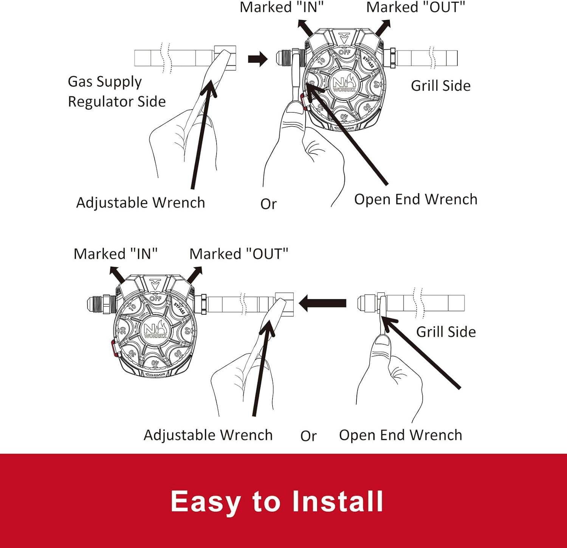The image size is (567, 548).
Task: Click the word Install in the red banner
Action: (338, 502)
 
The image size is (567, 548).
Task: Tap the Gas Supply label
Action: (105, 82)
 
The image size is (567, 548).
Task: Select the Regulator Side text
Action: (116, 102)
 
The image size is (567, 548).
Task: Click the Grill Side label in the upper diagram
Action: (440, 86)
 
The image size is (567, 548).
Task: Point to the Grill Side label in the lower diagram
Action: (446, 332)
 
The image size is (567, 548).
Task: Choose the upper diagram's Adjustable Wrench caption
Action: (140, 203)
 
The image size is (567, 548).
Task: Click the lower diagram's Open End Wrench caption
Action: (400, 435)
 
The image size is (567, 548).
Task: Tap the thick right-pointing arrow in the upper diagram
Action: (258, 59)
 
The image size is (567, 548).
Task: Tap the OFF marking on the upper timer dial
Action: (344, 52)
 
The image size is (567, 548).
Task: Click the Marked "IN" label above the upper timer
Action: (282, 8)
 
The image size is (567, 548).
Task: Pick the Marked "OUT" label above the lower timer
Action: (239, 254)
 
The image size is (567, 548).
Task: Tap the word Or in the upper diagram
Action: (268, 204)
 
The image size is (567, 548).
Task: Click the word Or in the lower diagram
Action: (308, 436)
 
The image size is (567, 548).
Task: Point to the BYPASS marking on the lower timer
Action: (179, 308)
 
